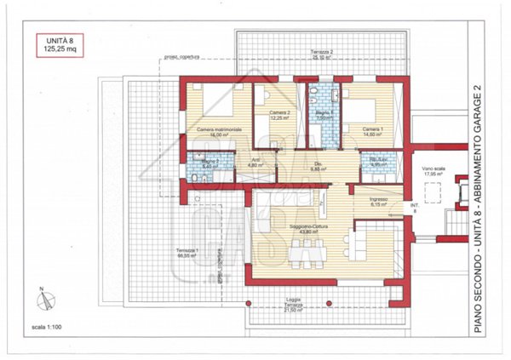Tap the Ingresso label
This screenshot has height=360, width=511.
pos(379,202)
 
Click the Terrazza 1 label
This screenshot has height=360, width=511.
pos(187,253)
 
